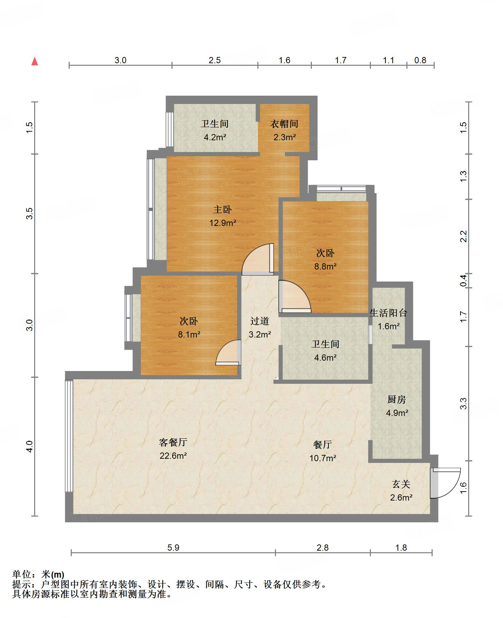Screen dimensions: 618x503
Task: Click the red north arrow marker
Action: coord(34,61)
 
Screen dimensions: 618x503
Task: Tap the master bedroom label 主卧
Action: coord(223,209)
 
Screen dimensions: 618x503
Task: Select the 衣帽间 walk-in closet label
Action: coord(284,124)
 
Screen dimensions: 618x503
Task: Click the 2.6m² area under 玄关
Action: coord(401,497)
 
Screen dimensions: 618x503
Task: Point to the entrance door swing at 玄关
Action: coord(446,483)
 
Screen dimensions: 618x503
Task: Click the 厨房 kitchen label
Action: coord(396,400)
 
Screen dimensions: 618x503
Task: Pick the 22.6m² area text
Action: coord(173,456)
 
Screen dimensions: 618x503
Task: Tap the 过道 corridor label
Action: coord(259,321)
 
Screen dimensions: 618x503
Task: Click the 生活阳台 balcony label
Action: coord(388,313)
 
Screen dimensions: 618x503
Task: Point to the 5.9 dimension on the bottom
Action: coord(173,548)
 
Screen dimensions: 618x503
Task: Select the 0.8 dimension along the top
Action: coord(420,60)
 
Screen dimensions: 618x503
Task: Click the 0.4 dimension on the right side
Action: coord(463,280)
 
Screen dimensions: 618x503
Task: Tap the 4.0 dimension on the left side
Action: coord(30,446)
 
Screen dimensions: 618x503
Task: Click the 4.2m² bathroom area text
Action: coord(215,137)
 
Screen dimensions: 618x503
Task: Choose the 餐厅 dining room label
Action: coord(323,444)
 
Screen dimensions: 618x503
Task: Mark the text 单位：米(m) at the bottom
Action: coord(38,574)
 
